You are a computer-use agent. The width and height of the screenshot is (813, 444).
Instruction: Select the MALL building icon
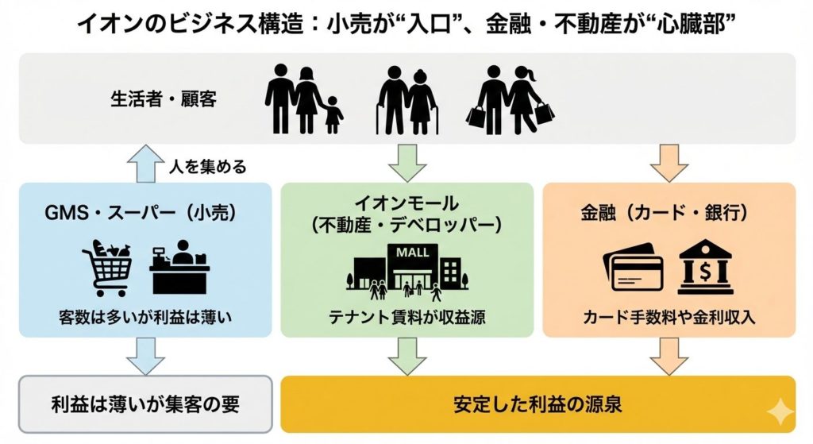tap(407, 270)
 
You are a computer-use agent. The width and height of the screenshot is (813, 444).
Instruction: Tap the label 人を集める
tap(208, 167)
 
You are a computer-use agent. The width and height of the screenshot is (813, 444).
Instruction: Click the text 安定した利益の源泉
tap(538, 403)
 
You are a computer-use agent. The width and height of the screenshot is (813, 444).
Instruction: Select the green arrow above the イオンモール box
tap(406, 164)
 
